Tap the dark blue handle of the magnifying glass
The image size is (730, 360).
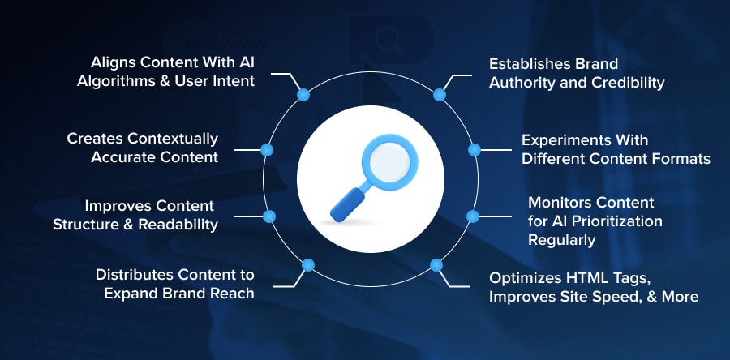coord(348,204)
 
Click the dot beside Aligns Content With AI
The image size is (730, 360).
coord(303,95)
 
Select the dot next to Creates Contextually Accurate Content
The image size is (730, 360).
coord(267,150)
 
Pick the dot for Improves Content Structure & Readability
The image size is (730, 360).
coord(269,216)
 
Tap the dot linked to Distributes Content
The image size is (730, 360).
coord(307,265)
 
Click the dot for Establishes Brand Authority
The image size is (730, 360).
coord(440,95)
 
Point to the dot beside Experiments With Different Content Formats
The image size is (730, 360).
coord(474,150)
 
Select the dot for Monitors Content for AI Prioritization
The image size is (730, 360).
coord(473,216)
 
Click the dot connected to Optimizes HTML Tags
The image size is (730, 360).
coord(436,265)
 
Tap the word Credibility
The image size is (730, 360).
coord(628,83)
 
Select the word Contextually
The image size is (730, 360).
coord(173,139)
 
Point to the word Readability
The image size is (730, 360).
coord(178,225)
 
